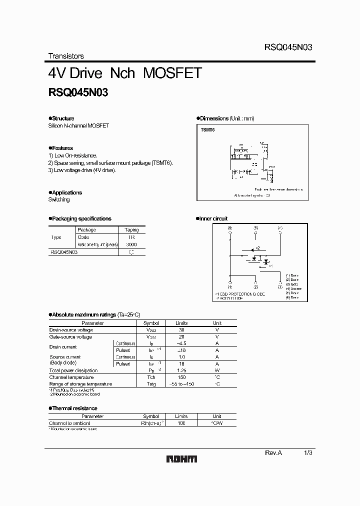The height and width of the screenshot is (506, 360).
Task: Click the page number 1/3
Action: pos(308,452)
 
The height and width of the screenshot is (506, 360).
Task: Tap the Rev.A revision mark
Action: pos(273,452)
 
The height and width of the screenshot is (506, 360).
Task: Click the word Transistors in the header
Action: pos(66,56)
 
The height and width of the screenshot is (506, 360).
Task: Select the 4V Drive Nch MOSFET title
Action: pos(124,73)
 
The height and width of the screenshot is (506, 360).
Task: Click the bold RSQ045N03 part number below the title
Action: pos(78,92)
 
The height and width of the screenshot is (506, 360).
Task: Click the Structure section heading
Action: pos(61,118)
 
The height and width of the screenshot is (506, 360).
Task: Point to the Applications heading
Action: pos(65,192)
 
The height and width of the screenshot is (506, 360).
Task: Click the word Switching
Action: pos(59,199)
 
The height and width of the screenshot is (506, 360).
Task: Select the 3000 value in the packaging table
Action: pos(131,244)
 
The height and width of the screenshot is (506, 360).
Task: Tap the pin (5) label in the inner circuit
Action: pos(256,228)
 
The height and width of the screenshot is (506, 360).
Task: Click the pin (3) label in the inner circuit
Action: pos(280,287)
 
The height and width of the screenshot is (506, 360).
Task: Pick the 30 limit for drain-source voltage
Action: pos(181,330)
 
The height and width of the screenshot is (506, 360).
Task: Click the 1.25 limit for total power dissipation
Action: pos(181,370)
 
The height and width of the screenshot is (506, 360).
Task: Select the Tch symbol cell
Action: pos(151,377)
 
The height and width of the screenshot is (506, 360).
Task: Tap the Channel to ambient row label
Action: pos(69,423)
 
